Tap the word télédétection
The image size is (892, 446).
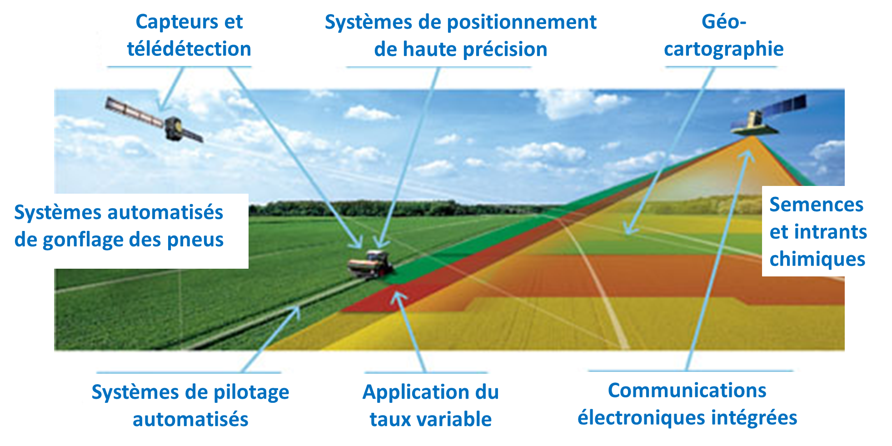pos(189,49)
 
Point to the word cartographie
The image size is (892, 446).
pos(724,49)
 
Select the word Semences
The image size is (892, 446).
pos(816,205)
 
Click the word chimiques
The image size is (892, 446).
pos(817,259)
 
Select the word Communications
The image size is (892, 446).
pos(687,390)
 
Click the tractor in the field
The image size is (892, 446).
pos(370,264)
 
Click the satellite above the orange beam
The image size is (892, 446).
pos(768,116)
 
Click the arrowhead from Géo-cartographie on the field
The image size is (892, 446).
pos(629,229)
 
